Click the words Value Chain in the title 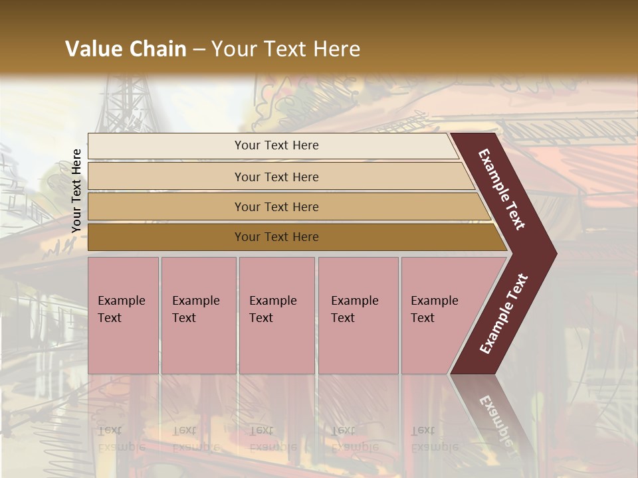126,49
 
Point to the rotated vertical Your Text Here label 76,191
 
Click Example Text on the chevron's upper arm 502,189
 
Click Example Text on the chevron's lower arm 504,314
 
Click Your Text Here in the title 286,49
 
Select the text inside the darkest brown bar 276,237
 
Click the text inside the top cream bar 276,145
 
